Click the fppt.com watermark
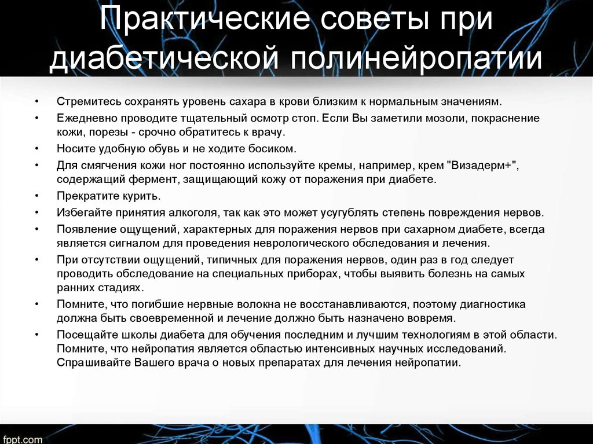click(21, 439)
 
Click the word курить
click(141, 196)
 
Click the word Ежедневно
click(87, 118)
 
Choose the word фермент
click(153, 179)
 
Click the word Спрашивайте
click(94, 363)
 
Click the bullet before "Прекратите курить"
click(36, 196)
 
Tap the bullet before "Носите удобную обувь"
click(36, 148)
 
